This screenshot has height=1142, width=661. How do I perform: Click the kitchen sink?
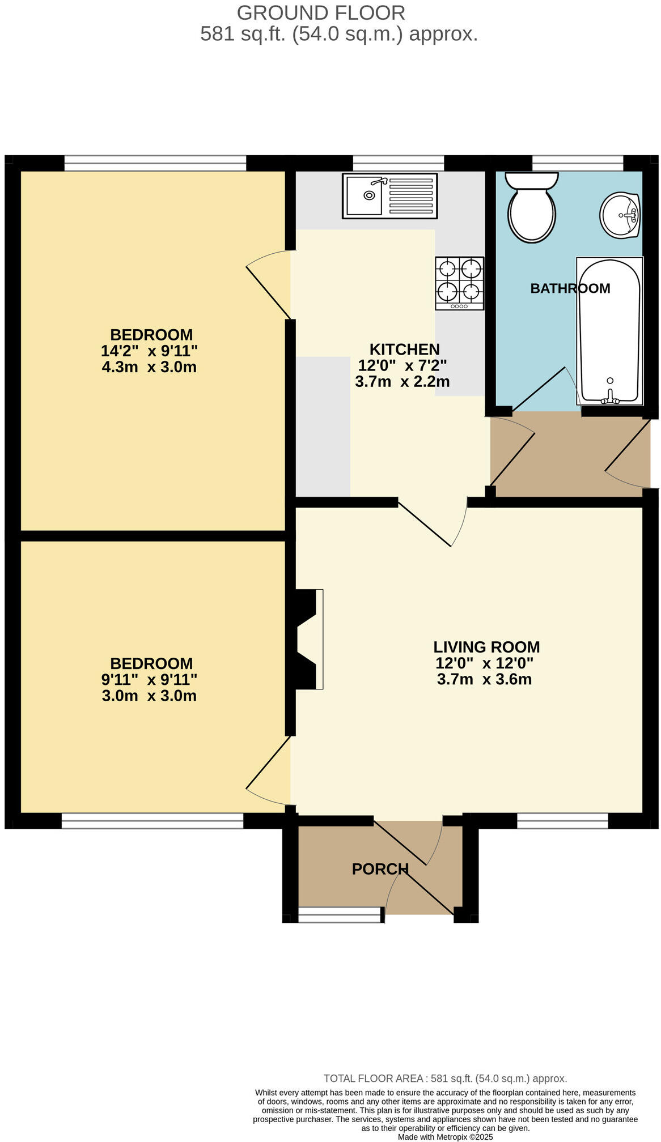click(389, 196)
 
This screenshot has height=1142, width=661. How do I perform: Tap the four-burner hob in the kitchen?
click(459, 283)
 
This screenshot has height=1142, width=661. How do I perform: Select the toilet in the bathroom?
click(531, 207)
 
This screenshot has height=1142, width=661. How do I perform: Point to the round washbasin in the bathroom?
click(620, 215)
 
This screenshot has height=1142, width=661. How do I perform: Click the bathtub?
click(609, 331)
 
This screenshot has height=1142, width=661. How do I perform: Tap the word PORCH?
click(380, 869)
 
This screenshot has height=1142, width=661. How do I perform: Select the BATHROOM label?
click(570, 288)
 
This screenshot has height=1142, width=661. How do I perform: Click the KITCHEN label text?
click(404, 349)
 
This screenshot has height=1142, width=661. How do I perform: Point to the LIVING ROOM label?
click(486, 647)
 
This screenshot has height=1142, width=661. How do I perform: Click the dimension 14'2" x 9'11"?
click(149, 351)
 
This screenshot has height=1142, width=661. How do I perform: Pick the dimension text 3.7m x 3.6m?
click(484, 679)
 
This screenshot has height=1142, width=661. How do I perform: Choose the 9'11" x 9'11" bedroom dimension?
click(149, 679)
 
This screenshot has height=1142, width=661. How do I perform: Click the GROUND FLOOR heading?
click(320, 12)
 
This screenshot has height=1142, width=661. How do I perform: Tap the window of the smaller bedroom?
click(152, 820)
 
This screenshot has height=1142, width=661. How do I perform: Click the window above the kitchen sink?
click(398, 163)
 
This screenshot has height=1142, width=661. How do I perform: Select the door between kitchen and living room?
click(431, 524)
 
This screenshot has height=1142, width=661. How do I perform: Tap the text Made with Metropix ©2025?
click(445, 1137)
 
